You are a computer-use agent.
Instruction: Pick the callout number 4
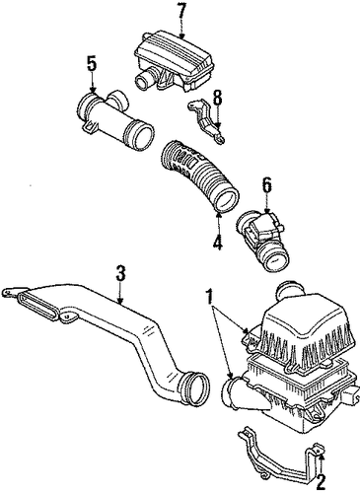218,240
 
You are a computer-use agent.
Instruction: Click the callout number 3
120,273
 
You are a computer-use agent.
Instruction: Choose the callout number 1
209,298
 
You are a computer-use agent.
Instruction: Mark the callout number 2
321,481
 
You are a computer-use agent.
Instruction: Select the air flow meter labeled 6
261,238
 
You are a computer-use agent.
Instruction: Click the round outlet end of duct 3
196,387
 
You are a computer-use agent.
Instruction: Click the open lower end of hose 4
227,201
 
